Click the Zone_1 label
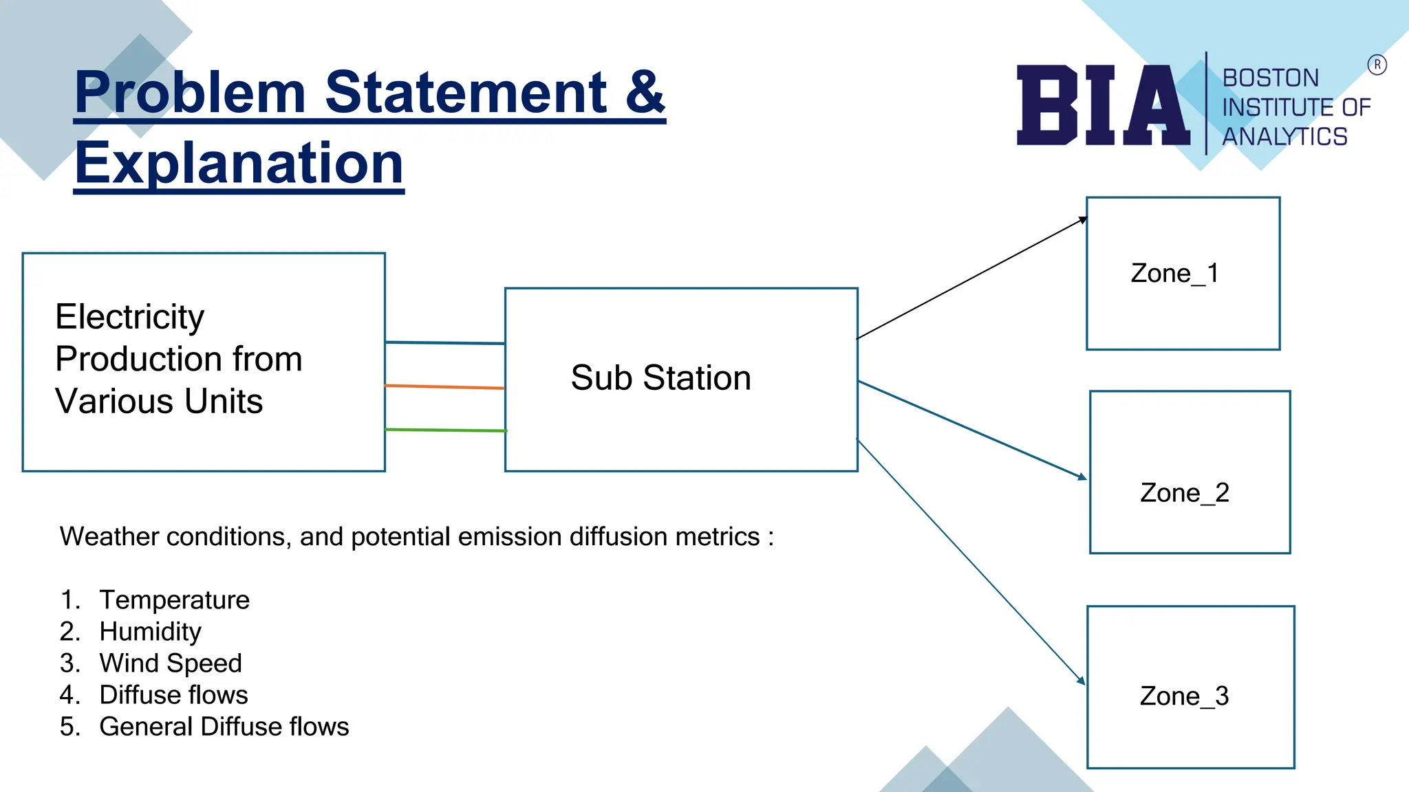[x=1174, y=274]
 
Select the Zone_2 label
[x=1184, y=493]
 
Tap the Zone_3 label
[x=1184, y=696]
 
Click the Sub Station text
[x=660, y=378]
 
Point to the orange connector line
[x=444, y=387]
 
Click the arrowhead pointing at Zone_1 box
[x=1083, y=220]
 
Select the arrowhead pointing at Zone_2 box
[x=1082, y=476]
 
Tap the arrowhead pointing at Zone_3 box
[x=1082, y=681]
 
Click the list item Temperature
[x=174, y=600]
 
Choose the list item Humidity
[x=150, y=632]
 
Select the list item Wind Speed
[x=171, y=663]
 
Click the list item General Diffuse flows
[x=224, y=727]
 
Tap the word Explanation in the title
[x=239, y=163]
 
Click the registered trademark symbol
[x=1377, y=65]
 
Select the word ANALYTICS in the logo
[x=1284, y=137]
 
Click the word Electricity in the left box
[x=129, y=317]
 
